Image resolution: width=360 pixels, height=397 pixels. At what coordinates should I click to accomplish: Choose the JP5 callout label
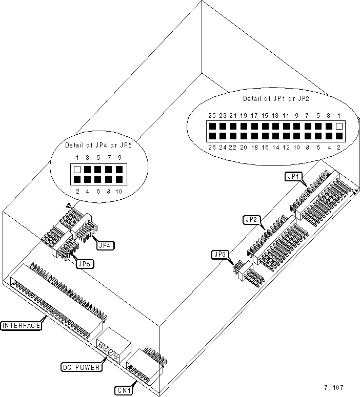click(84, 264)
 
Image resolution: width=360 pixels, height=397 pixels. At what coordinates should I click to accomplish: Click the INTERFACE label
click(21, 325)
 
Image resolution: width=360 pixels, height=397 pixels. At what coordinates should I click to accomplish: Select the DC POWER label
click(80, 367)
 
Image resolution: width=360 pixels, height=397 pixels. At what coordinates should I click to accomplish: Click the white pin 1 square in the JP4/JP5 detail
click(77, 169)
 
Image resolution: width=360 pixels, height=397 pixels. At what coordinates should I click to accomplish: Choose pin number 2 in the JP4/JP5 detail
click(77, 191)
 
